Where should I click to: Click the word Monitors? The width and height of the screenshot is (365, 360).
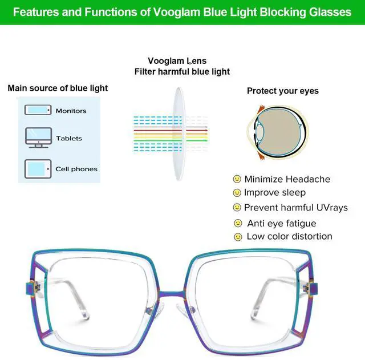[x=71, y=111]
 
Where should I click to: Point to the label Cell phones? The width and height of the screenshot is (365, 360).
[x=76, y=169]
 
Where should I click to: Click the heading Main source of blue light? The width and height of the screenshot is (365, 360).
[x=58, y=88]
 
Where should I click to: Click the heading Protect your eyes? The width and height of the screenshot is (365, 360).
[x=282, y=91]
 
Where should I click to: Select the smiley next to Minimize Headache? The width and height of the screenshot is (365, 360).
[x=237, y=179]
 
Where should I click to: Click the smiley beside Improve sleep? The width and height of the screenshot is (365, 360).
[x=237, y=193]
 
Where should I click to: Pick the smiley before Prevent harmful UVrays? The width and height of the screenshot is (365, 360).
[x=237, y=208]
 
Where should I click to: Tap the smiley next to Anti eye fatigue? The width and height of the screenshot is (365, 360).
[x=238, y=223]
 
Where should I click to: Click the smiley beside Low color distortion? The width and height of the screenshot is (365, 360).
[x=238, y=236]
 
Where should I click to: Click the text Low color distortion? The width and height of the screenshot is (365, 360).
[x=289, y=236]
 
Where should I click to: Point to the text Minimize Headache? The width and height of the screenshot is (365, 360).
[x=287, y=179]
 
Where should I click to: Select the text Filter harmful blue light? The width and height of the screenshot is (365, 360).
[x=182, y=72]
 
